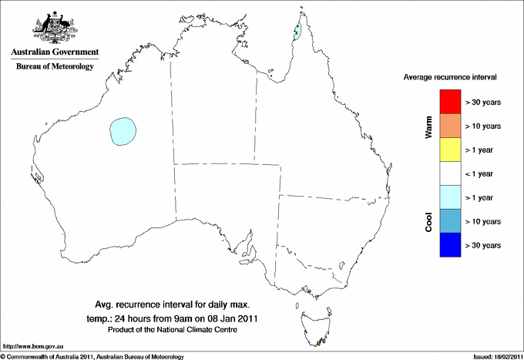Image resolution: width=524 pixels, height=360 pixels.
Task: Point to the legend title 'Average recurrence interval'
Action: [450, 78]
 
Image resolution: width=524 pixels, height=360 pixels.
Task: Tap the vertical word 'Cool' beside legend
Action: [429, 221]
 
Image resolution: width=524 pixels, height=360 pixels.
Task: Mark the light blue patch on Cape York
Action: [297, 32]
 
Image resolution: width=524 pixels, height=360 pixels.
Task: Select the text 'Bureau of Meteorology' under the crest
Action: [55, 67]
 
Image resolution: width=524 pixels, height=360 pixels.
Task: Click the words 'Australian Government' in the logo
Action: [55, 52]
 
